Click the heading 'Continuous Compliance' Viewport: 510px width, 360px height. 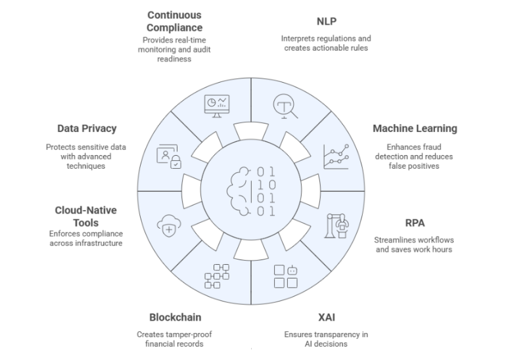point(174,21)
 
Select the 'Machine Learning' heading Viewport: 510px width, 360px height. point(414,128)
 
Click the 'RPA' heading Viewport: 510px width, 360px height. point(414,223)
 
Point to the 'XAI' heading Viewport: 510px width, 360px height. point(326,317)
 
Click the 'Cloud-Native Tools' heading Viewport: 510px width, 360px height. point(85,217)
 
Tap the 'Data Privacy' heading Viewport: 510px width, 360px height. point(87,129)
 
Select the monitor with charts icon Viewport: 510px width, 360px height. point(217,105)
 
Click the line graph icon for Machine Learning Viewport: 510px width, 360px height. point(336,156)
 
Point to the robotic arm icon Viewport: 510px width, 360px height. point(336,225)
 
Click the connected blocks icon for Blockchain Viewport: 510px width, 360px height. point(217,276)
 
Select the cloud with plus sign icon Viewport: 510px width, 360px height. point(167,226)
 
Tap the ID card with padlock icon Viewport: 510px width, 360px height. point(168,157)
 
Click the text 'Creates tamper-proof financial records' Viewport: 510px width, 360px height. point(174,339)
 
